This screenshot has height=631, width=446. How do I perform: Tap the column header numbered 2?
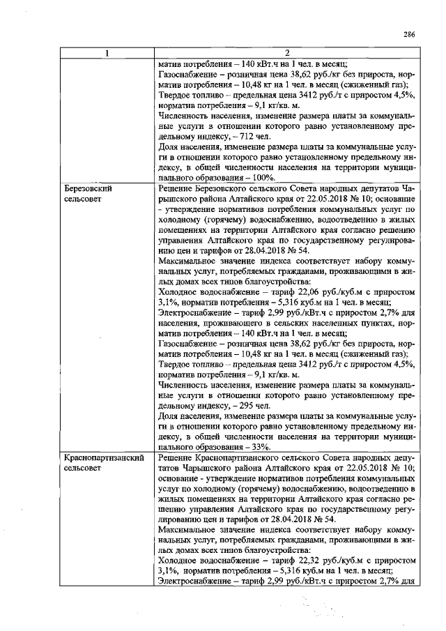coord(287,53)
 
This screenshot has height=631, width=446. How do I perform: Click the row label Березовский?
coord(88,188)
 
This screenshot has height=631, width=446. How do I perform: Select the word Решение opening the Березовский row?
coord(174,188)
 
